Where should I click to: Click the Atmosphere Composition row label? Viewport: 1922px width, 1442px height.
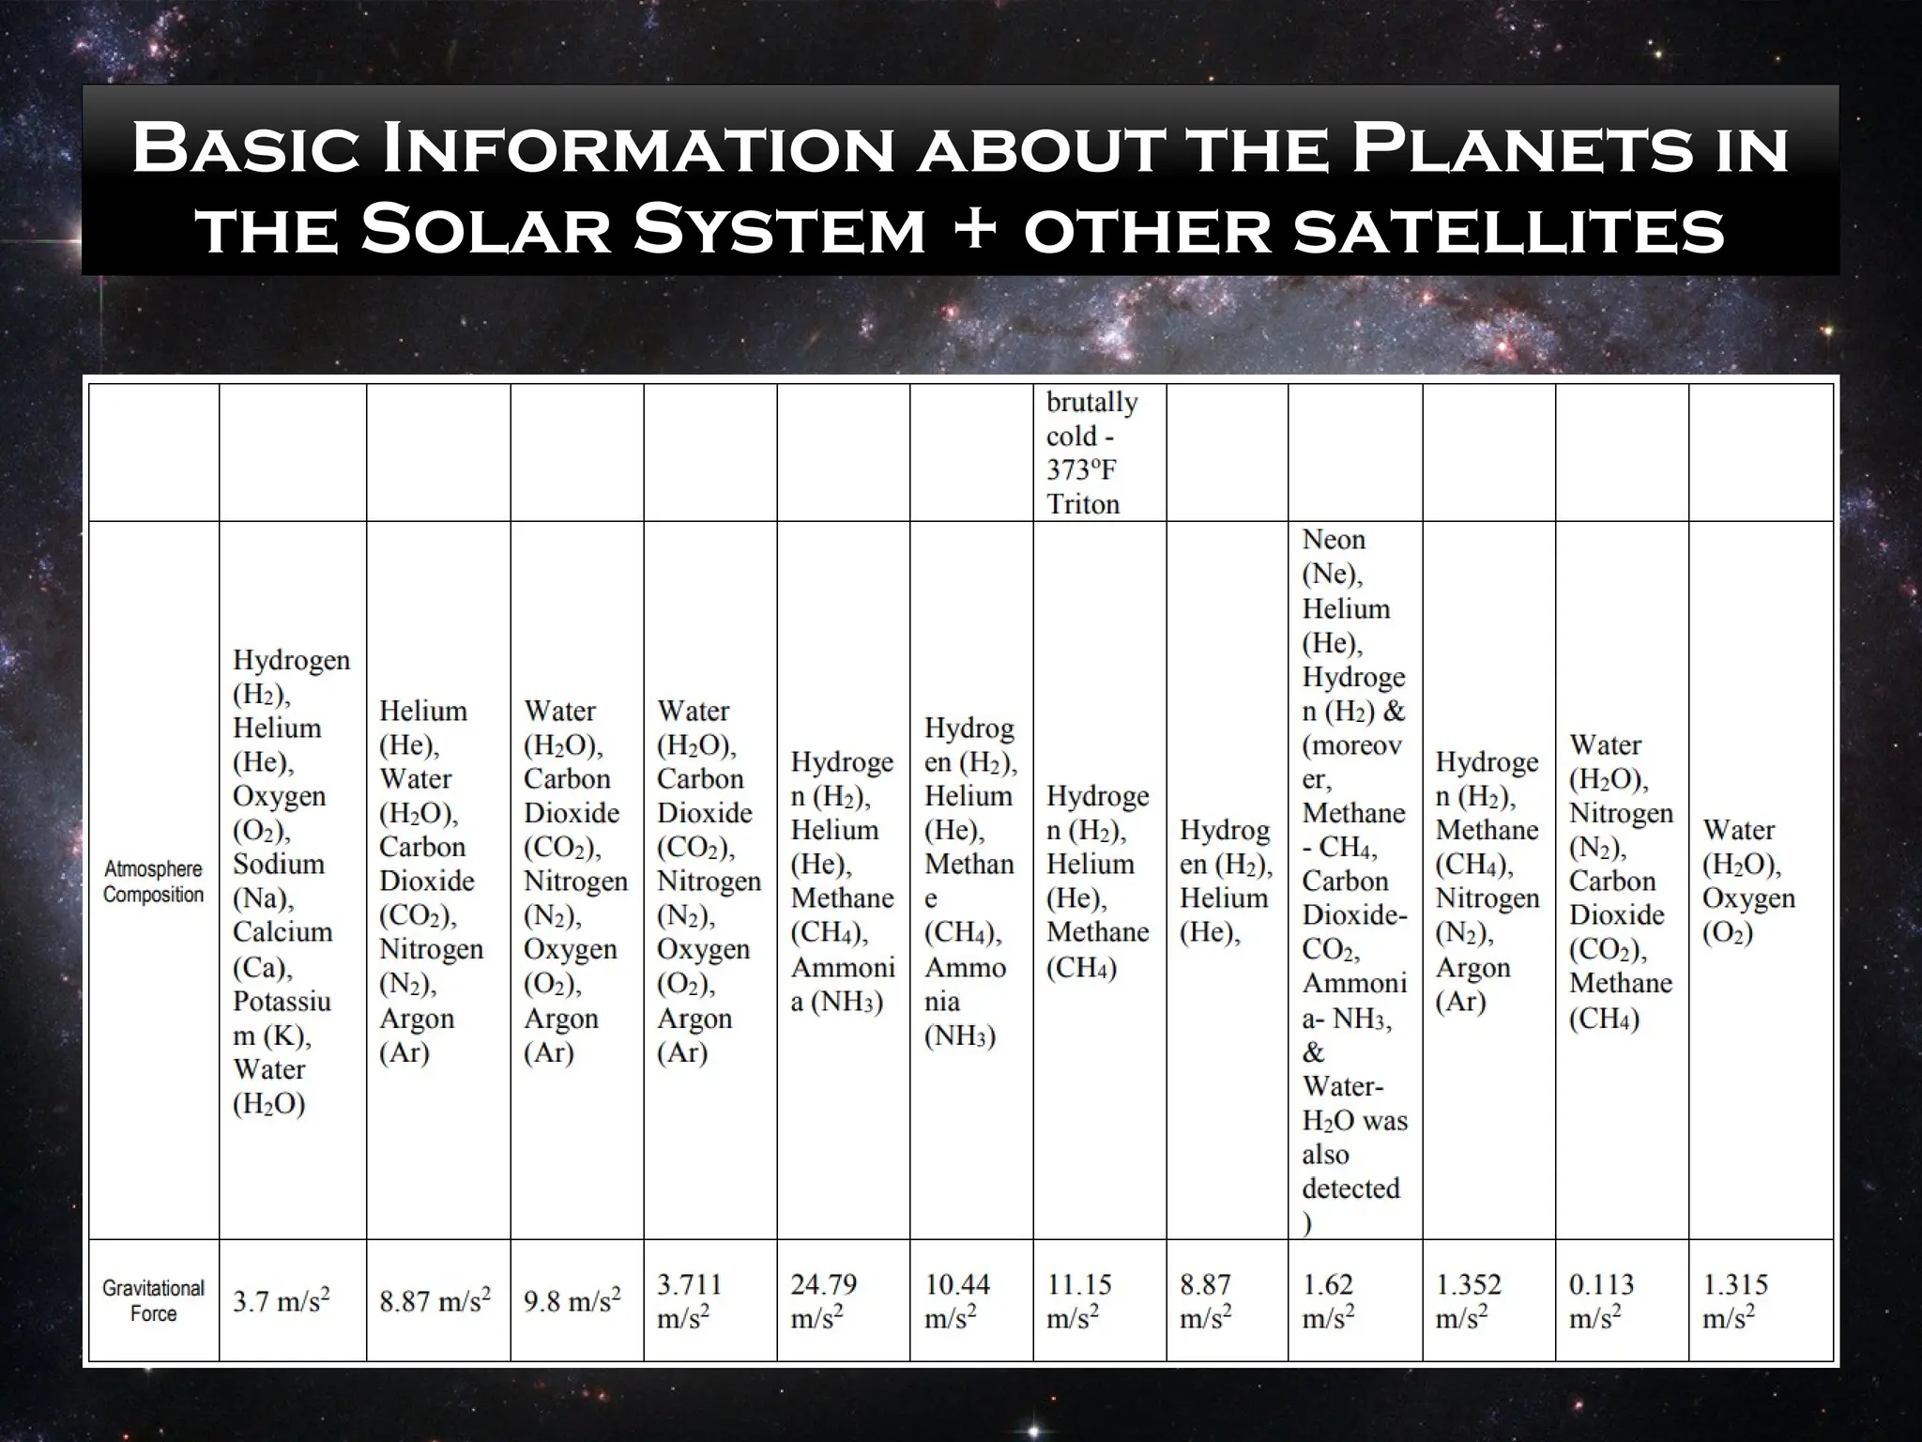coord(153,882)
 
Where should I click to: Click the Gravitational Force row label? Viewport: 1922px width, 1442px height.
coord(153,1300)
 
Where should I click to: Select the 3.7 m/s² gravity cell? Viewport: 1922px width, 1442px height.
coord(282,1301)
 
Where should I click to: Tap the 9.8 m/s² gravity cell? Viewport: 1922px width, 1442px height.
coord(572,1301)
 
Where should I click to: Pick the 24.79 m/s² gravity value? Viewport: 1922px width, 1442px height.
coord(823,1300)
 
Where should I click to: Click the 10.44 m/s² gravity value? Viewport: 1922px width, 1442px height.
coord(956,1300)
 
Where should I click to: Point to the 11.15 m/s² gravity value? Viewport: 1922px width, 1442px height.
coord(1078,1300)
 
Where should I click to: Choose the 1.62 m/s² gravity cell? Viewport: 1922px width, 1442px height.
coord(1328,1300)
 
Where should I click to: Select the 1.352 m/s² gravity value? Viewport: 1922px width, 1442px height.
coord(1468,1300)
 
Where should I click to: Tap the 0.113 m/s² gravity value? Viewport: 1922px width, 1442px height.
coord(1601,1300)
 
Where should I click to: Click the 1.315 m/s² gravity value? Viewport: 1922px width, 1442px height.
coord(1735,1300)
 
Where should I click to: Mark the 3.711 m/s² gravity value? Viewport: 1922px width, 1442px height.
coord(690,1300)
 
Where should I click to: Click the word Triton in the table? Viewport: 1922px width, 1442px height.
coord(1083,504)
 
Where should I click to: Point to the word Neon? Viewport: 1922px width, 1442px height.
coord(1334,540)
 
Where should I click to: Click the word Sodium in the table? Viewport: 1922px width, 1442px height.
coord(279,864)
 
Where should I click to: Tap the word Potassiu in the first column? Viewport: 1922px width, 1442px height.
coord(282,1001)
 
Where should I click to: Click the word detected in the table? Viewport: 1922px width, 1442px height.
coord(1350,1189)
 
